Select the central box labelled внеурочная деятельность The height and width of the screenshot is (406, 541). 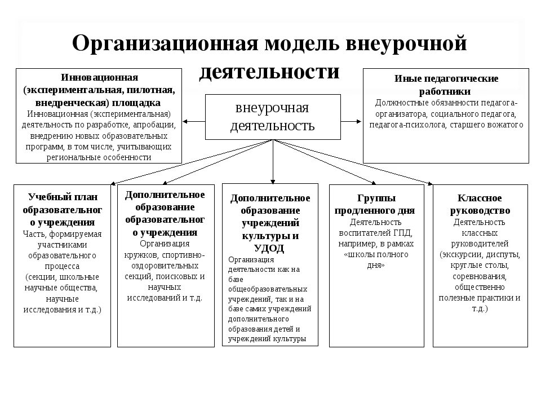[272, 117]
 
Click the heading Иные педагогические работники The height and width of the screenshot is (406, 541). [445, 84]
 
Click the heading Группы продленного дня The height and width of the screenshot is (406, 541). [375, 204]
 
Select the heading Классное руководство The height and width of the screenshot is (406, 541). [480, 204]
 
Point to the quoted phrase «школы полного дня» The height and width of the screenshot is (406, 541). [375, 259]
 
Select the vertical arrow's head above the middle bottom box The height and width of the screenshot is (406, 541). [273, 180]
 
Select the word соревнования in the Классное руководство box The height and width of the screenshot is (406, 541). [480, 276]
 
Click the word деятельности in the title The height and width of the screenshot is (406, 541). [270, 72]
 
